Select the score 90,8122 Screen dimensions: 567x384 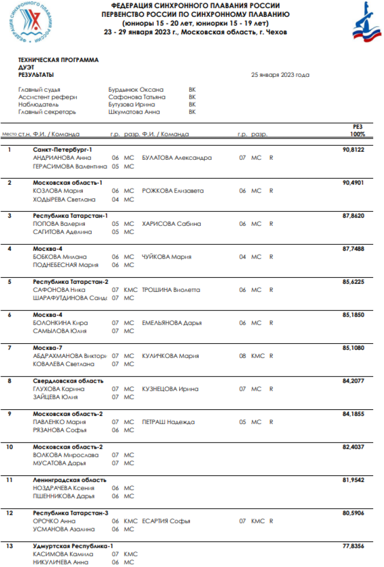click(353, 150)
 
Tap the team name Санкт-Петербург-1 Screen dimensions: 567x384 click(62, 150)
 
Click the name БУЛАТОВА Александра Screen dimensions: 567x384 click(177, 158)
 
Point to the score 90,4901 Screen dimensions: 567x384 click(353, 182)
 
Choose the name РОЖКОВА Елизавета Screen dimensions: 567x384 click(173, 191)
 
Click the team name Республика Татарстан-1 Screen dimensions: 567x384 click(71, 216)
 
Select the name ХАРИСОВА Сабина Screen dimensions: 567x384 click(172, 224)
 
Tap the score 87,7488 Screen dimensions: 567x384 click(353, 248)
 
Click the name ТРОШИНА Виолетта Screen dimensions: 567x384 click(171, 290)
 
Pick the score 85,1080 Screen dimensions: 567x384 click(353, 347)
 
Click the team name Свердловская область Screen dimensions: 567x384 click(68, 381)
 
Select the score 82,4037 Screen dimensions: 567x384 click(353, 447)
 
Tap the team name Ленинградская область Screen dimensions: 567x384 click(70, 480)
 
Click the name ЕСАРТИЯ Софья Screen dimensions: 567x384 click(166, 521)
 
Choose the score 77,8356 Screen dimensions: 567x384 click(353, 546)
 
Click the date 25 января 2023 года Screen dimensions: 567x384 click(280, 75)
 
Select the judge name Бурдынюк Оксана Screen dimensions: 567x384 click(136, 89)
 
